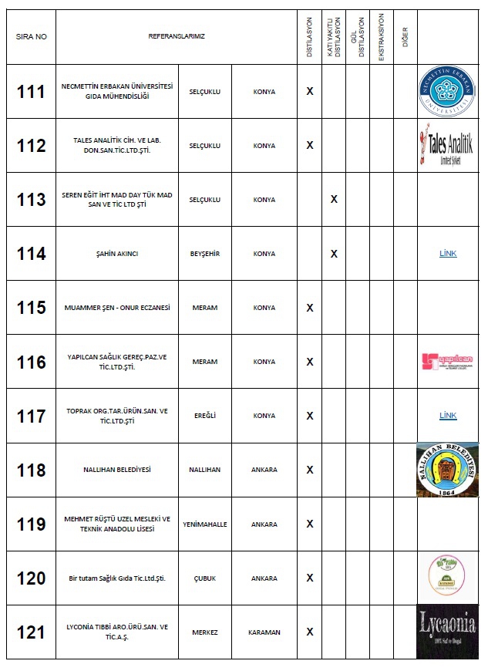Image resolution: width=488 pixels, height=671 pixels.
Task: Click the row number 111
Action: (31, 92)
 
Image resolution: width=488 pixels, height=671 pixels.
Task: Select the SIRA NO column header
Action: (31, 36)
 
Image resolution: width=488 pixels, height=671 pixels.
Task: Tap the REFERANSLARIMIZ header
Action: (177, 36)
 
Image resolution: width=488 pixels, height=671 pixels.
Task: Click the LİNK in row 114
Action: (448, 253)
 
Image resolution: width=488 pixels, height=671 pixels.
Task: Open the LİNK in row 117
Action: (448, 415)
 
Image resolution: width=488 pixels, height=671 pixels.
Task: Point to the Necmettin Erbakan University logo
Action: (447, 92)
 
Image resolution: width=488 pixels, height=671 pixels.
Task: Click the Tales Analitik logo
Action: (447, 146)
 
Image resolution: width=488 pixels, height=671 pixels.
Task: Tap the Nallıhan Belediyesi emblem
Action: (447, 470)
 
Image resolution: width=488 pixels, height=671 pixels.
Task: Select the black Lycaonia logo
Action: (447, 632)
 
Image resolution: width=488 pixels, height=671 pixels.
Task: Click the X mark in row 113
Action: (334, 200)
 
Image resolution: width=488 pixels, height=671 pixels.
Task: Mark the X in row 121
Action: (310, 632)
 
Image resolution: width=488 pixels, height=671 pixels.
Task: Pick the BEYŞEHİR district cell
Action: (205, 254)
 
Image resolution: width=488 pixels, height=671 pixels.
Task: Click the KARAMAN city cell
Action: (264, 632)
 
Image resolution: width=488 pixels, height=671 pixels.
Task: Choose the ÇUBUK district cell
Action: (205, 578)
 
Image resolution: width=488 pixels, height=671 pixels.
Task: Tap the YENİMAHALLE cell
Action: (205, 524)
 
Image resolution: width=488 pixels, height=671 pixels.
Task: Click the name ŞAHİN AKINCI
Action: (117, 254)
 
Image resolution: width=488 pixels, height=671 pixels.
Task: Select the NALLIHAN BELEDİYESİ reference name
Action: (117, 470)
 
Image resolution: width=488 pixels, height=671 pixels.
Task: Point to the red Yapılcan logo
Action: (447, 361)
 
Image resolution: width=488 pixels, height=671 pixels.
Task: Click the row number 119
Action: (31, 524)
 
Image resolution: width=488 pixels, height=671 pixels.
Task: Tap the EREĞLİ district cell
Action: (205, 416)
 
